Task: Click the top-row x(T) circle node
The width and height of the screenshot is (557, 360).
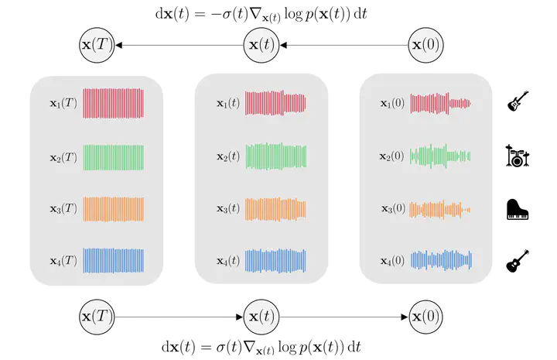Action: [97, 45]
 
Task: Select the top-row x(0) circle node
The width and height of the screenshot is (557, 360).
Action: [425, 45]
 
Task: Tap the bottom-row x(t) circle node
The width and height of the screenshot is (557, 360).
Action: [261, 317]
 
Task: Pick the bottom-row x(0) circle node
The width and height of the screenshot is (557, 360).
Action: [425, 317]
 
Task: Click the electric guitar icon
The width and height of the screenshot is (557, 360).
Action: [518, 101]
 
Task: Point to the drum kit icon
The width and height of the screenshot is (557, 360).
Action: [518, 156]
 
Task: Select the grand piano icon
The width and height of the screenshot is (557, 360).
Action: [518, 209]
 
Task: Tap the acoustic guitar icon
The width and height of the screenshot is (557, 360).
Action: [518, 261]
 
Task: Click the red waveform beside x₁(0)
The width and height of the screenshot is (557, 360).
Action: [440, 104]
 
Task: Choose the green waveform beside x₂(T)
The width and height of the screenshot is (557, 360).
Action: [114, 157]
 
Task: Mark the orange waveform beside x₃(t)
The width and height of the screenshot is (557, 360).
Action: [275, 209]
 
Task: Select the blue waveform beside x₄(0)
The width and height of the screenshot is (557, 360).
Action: [441, 260]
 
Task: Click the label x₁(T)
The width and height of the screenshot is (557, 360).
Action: [63, 104]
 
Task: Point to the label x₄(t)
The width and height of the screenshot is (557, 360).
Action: [228, 261]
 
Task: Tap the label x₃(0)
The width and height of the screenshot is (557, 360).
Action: [393, 208]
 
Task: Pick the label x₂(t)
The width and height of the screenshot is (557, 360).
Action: [228, 156]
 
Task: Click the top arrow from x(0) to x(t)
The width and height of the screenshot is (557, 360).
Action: [343, 45]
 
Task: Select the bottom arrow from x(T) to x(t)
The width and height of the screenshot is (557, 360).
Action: [179, 317]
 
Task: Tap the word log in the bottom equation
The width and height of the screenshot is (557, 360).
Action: [287, 348]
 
